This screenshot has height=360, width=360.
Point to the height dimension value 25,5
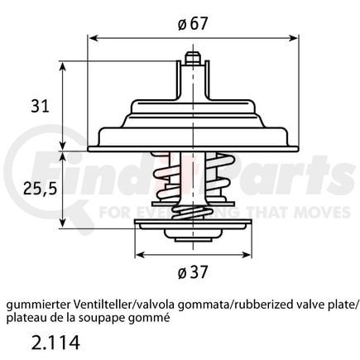(38, 189)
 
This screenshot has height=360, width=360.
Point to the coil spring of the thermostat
(192, 191)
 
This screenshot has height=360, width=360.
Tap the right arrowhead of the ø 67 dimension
(295, 38)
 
